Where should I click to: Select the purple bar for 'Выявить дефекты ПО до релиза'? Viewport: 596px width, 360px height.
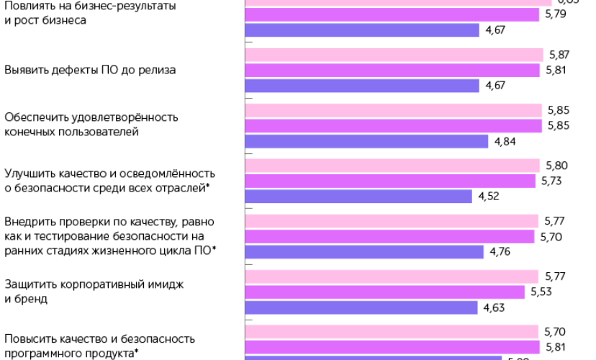(x=363, y=86)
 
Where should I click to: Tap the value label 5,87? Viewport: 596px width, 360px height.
(x=559, y=55)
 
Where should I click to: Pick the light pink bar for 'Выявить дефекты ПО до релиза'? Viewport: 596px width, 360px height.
(x=394, y=55)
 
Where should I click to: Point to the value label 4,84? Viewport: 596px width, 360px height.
(x=504, y=141)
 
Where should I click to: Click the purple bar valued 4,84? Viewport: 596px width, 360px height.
(x=367, y=141)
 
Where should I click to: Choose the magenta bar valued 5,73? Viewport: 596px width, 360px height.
(x=391, y=181)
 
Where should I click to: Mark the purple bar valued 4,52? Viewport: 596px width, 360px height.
(x=359, y=196)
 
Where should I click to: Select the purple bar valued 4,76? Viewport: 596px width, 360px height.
(x=365, y=251)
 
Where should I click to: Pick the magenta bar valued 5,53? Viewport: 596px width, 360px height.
(x=386, y=292)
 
